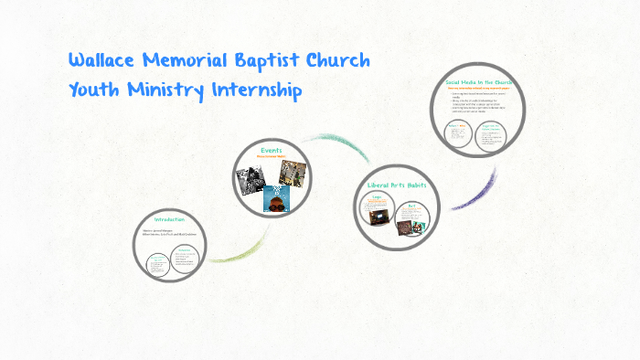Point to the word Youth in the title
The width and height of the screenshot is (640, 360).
click(x=92, y=91)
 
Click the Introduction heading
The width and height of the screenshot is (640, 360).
click(x=169, y=219)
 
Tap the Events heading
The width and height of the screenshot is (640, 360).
click(x=271, y=149)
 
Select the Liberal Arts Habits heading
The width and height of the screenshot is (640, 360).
click(x=390, y=185)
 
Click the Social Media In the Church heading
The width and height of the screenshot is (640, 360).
click(x=479, y=82)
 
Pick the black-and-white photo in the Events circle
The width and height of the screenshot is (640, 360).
click(x=251, y=178)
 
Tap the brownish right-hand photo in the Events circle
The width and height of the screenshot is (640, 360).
click(x=293, y=171)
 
